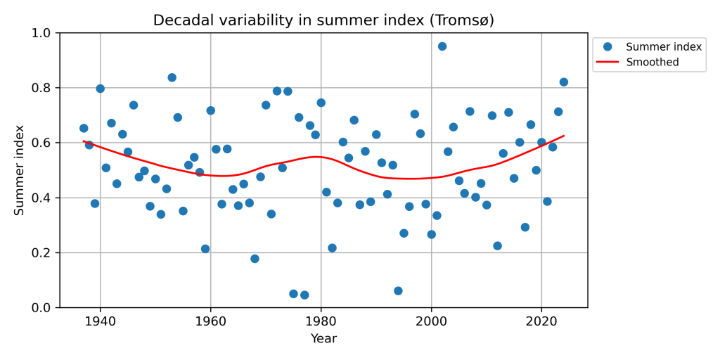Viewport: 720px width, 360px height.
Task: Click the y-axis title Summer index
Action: pyautogui.click(x=20, y=170)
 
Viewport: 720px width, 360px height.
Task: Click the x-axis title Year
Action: pyautogui.click(x=323, y=339)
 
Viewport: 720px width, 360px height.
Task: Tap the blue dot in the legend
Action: pyautogui.click(x=608, y=47)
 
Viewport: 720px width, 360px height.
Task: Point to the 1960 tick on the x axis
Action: pyautogui.click(x=211, y=308)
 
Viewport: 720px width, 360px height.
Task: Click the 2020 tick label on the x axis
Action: pyautogui.click(x=541, y=321)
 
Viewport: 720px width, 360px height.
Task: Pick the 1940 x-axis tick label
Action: pyautogui.click(x=101, y=321)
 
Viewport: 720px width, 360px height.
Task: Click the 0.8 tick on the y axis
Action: pyautogui.click(x=60, y=88)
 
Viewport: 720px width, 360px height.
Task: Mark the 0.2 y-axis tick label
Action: pyautogui.click(x=44, y=253)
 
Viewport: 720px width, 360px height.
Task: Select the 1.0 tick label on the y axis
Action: pyautogui.click(x=44, y=33)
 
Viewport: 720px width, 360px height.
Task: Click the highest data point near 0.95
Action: pyautogui.click(x=442, y=46)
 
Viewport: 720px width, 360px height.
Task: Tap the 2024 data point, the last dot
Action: pyautogui.click(x=564, y=82)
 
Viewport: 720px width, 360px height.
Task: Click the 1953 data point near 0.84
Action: pyautogui.click(x=172, y=77)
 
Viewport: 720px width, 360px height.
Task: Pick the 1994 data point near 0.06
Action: pyautogui.click(x=398, y=291)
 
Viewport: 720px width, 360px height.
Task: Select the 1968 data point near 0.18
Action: pyautogui.click(x=255, y=259)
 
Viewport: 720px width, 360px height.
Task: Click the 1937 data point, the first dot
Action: pyautogui.click(x=84, y=129)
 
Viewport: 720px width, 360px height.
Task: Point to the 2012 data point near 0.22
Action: pyautogui.click(x=498, y=246)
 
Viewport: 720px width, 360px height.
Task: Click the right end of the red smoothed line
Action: pyautogui.click(x=564, y=136)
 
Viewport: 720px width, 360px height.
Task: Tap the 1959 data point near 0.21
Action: pyautogui.click(x=205, y=249)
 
